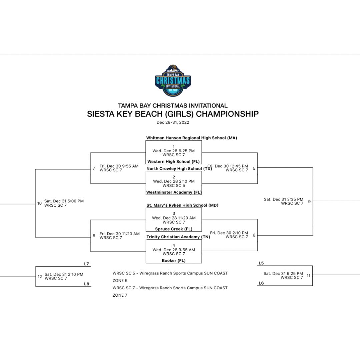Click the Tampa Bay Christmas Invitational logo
point(173,81)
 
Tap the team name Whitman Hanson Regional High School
point(191,138)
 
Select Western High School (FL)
point(173,162)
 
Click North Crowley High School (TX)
point(179,169)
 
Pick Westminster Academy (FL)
point(174,192)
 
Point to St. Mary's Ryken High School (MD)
point(182,205)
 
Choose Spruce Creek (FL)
point(173,229)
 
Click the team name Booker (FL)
point(173,260)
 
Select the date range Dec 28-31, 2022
point(173,122)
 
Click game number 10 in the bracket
point(39,203)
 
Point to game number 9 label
point(309,201)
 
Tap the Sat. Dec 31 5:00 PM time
point(64,201)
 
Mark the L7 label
point(86,264)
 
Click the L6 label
point(261,283)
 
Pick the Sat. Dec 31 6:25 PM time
point(283,273)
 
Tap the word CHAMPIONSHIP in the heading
point(227,114)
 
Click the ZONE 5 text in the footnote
point(120,281)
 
